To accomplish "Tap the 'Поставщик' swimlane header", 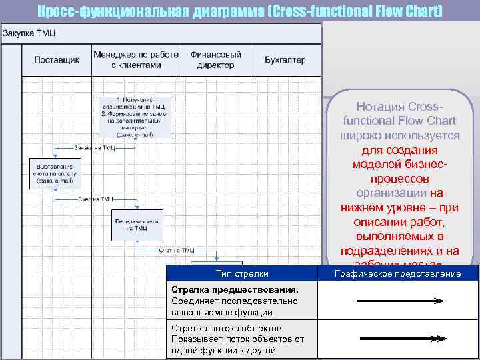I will pyautogui.click(x=56, y=60).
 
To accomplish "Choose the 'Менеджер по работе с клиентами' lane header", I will pyautogui.click(x=136, y=60).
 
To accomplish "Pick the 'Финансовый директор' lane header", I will pyautogui.click(x=215, y=60).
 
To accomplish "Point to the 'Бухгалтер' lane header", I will pyautogui.click(x=285, y=60).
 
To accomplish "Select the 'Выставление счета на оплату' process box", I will pyautogui.click(x=55, y=172).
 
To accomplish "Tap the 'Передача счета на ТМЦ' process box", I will pyautogui.click(x=136, y=225).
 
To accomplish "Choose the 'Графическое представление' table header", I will pyautogui.click(x=397, y=274).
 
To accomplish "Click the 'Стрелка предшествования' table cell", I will pyautogui.click(x=241, y=301).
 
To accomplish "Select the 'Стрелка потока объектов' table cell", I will pyautogui.click(x=241, y=339).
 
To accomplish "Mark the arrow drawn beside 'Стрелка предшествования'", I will pyautogui.click(x=400, y=301).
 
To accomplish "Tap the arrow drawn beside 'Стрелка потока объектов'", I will pyautogui.click(x=400, y=339).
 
